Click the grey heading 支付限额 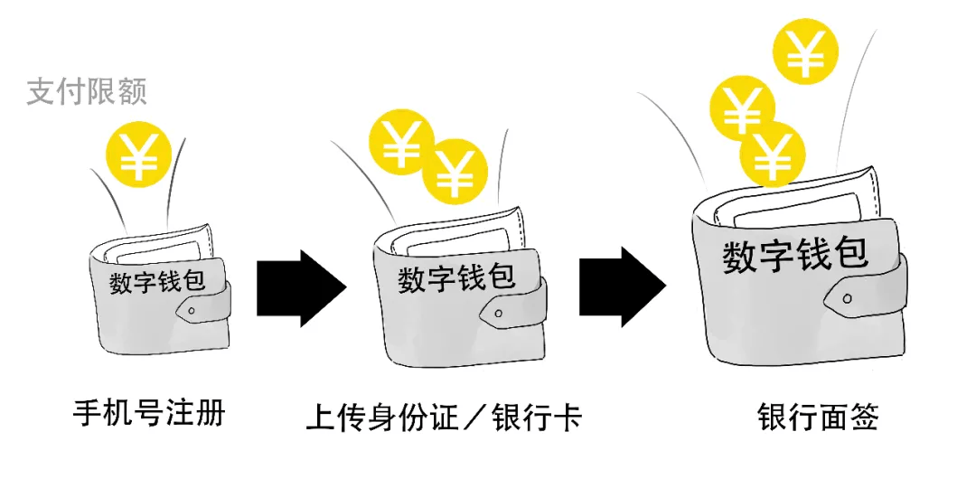tap(86, 91)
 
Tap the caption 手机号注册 tap(148, 414)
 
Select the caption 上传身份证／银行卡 tap(444, 418)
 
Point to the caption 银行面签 tap(818, 418)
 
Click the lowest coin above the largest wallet tap(773, 155)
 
